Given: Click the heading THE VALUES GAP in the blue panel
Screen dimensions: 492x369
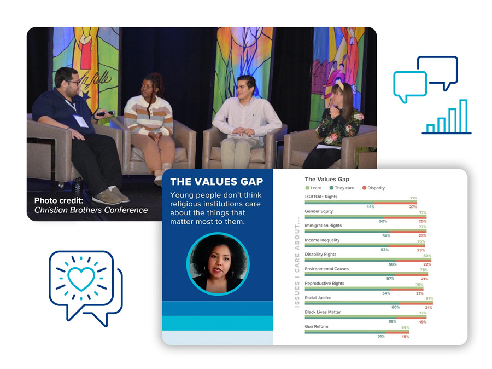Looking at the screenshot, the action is click(216, 182).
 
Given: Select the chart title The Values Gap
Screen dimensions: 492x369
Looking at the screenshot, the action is click(327, 179).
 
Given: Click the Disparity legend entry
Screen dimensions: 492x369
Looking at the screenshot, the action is click(373, 188).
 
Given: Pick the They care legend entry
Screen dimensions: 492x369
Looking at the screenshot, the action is click(342, 188).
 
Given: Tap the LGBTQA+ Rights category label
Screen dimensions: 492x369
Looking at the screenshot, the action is click(321, 197).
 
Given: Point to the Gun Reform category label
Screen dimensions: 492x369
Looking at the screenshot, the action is click(317, 326).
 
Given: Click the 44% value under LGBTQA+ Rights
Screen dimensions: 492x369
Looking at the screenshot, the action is click(370, 207).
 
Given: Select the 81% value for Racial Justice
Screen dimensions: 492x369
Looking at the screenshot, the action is click(429, 298).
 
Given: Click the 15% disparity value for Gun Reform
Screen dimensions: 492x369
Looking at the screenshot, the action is click(406, 337).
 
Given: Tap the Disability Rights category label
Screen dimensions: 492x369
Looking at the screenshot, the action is click(320, 254).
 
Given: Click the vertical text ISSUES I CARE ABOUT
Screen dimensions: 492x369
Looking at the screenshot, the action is click(297, 262).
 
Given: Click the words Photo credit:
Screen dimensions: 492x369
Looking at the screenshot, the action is click(58, 200).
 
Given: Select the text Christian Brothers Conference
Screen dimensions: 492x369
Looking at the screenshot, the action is click(91, 210).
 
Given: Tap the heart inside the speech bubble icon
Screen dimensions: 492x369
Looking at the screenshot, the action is click(81, 278).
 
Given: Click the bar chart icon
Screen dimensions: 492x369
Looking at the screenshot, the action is click(447, 117).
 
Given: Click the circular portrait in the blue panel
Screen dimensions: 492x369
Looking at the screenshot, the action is click(218, 264).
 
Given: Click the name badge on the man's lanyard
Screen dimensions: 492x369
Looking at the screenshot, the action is click(81, 121).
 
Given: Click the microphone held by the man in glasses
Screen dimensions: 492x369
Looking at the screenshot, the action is click(105, 113).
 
